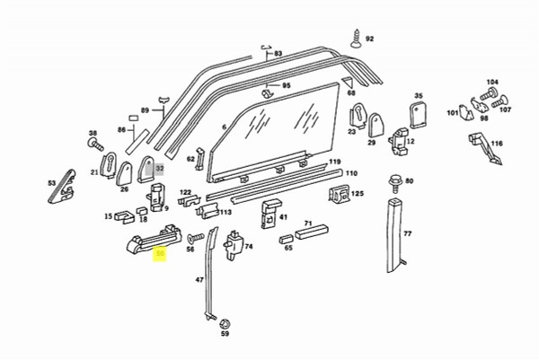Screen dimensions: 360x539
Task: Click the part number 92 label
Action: point(369,40)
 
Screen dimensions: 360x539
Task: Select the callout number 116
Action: point(497,144)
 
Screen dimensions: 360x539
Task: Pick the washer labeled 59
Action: point(225,322)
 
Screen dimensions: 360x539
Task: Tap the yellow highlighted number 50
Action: point(161,255)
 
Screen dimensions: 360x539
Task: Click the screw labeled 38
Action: point(93,145)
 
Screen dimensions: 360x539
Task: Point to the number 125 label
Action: point(358,194)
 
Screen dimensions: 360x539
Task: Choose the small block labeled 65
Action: point(287,240)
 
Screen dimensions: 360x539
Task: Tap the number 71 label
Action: point(308,223)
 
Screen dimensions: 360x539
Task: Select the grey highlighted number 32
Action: point(160,168)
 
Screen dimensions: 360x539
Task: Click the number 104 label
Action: point(491,83)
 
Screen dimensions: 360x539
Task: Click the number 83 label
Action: point(278,55)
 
